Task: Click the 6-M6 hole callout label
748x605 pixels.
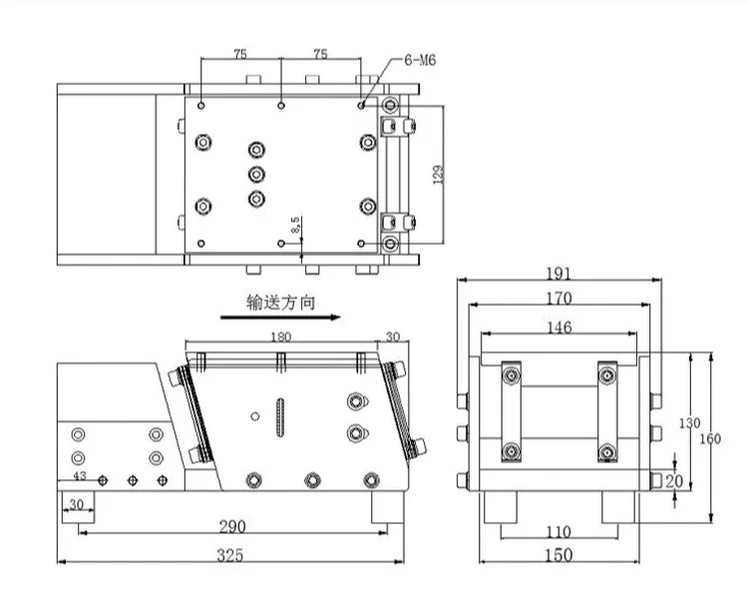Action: (420, 60)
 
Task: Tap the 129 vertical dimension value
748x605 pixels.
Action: (438, 175)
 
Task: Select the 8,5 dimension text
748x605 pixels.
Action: (296, 225)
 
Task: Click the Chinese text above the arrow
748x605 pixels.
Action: (280, 302)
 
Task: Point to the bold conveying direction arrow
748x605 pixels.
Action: (280, 317)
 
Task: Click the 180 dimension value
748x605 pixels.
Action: (280, 337)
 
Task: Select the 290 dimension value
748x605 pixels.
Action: (232, 527)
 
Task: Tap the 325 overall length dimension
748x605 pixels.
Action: (230, 555)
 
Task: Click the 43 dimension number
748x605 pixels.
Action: (80, 475)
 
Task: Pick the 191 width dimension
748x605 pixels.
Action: (559, 274)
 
